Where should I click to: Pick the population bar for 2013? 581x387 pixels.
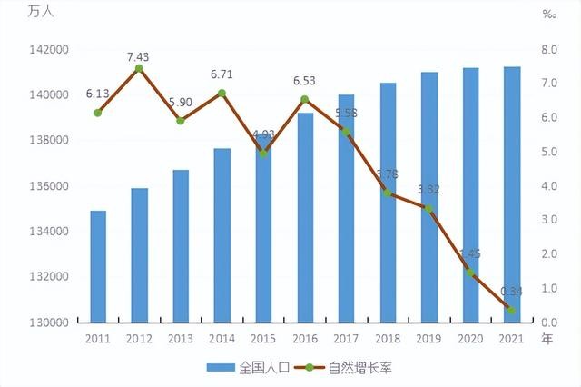181,245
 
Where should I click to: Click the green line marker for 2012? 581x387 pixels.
139,68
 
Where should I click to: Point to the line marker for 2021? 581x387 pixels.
512,311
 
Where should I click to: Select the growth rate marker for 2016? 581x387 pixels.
304,99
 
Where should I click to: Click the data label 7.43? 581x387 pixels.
138,56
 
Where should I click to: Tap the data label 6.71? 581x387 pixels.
222,74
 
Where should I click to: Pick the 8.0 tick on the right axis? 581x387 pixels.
550,49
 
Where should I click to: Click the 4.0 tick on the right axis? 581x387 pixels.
550,186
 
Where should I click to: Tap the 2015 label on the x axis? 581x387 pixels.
263,340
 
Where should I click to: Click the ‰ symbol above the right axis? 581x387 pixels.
549,15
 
